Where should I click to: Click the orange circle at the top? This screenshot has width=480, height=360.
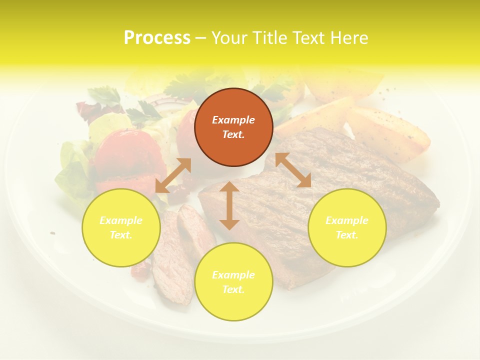click(233, 127)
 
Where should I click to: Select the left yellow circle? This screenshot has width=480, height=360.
click(121, 227)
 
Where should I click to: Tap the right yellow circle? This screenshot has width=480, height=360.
click(347, 227)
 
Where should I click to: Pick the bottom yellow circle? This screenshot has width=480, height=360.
click(233, 282)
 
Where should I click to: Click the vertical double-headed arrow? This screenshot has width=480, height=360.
click(229, 205)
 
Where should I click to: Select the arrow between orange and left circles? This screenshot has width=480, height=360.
click(173, 175)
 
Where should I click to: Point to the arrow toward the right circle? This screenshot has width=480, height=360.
click(293, 170)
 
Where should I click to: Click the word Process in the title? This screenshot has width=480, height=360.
click(157, 37)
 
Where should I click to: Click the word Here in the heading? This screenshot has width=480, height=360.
click(349, 37)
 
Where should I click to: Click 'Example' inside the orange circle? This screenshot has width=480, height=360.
click(233, 120)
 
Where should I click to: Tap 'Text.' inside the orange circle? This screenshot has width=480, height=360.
click(233, 134)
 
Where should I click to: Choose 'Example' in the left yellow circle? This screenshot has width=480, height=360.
click(121, 220)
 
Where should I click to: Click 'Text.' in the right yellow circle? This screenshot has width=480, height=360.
click(347, 235)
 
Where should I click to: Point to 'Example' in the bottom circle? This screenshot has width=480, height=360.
click(233, 275)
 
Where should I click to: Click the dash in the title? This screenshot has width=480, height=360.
click(200, 38)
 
